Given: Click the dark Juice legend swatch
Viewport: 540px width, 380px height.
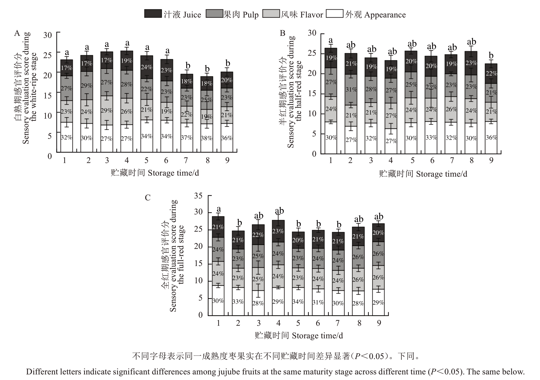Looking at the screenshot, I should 153,14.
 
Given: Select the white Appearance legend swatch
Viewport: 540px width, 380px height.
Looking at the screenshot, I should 334,14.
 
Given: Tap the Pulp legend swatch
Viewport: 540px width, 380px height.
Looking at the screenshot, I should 214,14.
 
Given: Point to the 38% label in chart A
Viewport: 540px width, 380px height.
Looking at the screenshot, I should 207,138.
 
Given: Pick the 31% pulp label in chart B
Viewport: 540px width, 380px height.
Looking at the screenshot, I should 351,89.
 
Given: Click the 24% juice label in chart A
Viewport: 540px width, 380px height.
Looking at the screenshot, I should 147,67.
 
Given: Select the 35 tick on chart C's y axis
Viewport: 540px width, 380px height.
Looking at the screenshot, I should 199,196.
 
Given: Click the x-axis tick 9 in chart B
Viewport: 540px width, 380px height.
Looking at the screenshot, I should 491,160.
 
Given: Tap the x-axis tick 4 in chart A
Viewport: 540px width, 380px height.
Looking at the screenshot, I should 127,160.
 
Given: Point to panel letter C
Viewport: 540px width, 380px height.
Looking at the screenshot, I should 148,197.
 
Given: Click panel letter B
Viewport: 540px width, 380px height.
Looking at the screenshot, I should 282,33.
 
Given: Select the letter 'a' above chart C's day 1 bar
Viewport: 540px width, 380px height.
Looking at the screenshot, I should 218,209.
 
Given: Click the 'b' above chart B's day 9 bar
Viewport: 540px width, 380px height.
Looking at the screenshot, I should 491,56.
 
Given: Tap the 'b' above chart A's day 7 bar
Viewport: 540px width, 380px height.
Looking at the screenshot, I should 188,66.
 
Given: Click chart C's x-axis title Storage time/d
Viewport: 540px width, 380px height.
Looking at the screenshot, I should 299,336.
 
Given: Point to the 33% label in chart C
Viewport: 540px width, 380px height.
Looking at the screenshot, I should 238,302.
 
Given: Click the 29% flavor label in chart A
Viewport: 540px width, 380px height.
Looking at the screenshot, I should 106,110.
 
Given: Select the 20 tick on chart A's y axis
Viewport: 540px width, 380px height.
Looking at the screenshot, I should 48,75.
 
